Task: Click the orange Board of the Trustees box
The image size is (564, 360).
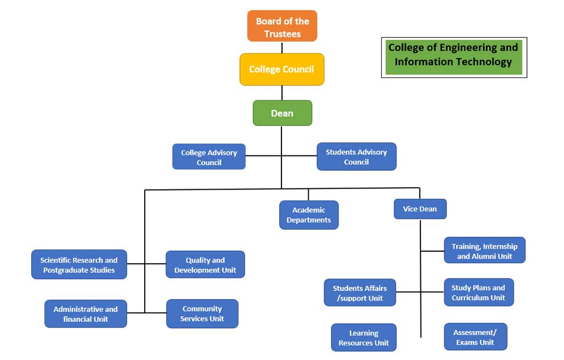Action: coord(282,26)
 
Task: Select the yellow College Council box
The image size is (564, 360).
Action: coord(282,69)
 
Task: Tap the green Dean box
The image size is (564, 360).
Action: coord(282,113)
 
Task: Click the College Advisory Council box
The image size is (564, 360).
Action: coord(209,157)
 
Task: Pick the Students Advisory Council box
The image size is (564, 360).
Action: coord(356,157)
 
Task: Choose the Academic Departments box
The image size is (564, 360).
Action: coord(309,215)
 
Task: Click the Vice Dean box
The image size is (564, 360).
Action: coord(420,208)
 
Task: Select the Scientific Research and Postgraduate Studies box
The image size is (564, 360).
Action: coord(79,265)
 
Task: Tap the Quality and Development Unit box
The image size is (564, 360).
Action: coord(205,265)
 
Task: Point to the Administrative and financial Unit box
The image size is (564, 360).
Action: coord(85,314)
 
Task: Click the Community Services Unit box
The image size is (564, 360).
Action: coord(202,314)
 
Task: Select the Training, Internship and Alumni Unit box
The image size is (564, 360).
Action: coord(484,251)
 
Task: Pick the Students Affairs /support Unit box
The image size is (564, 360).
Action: coord(359,293)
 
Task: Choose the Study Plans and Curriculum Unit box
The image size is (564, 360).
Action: coord(479,293)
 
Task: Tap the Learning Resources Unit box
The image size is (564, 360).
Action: coord(363,338)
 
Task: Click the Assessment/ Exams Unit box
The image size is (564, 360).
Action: coord(475,337)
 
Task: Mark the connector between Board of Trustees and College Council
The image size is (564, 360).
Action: coord(282,47)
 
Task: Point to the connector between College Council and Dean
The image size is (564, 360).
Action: coord(282,93)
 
